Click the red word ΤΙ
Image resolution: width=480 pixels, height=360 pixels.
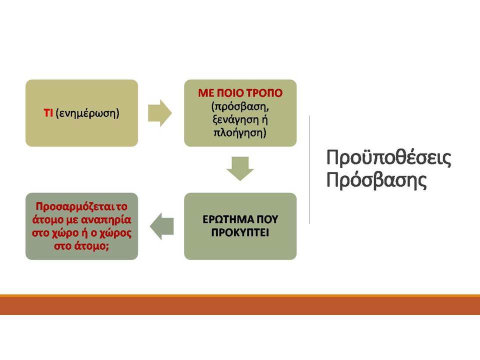pyautogui.click(x=48, y=113)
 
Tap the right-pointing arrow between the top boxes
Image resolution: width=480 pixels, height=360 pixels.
pyautogui.click(x=160, y=113)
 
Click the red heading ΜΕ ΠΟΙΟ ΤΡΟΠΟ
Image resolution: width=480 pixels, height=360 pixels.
pyautogui.click(x=240, y=93)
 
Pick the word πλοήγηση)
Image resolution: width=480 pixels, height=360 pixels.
pyautogui.click(x=240, y=133)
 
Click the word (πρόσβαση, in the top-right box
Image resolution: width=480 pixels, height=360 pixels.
pyautogui.click(x=240, y=106)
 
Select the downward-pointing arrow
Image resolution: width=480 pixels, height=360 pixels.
pyautogui.click(x=240, y=168)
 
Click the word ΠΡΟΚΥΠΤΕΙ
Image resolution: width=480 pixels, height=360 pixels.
pyautogui.click(x=240, y=232)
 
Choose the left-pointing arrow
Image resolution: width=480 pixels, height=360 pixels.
pyautogui.click(x=161, y=226)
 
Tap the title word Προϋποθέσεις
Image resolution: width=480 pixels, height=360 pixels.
pyautogui.click(x=388, y=158)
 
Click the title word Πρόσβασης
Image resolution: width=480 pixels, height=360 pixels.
pyautogui.click(x=376, y=180)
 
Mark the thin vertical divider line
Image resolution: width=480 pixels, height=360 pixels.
pyautogui.click(x=309, y=169)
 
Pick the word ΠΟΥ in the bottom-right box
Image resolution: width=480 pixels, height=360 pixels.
pyautogui.click(x=267, y=219)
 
